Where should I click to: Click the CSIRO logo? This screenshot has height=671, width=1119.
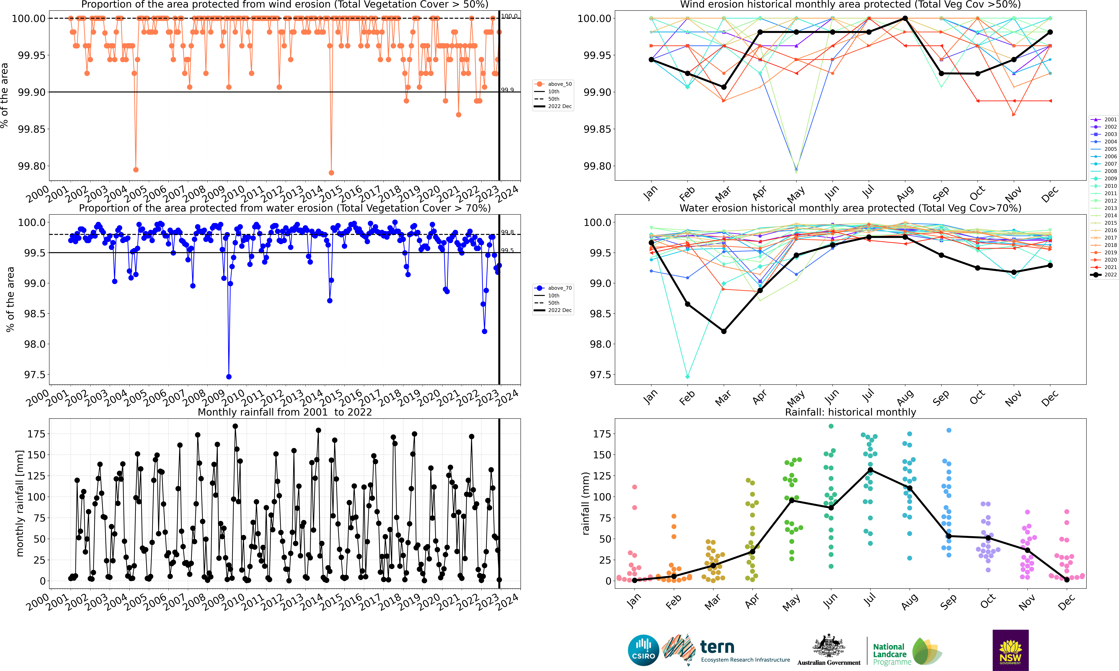[x=643, y=650]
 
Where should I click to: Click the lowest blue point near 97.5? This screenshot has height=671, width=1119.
[x=229, y=377]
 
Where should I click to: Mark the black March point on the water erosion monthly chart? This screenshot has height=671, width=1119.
[x=724, y=331]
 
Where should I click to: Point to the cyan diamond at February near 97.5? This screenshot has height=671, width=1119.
[x=688, y=377]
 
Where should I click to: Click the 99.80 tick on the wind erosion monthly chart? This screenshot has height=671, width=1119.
[x=596, y=166]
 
